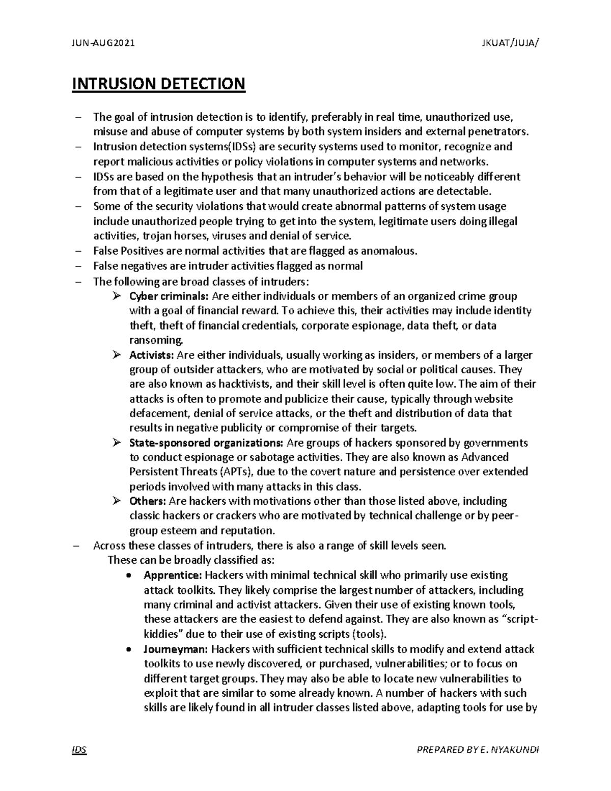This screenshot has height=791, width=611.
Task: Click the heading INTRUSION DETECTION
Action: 159,84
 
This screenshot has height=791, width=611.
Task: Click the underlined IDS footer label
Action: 79,750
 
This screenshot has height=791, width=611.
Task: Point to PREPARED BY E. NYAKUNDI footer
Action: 478,750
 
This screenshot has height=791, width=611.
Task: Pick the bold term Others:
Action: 148,501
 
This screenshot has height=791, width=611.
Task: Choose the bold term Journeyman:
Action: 175,649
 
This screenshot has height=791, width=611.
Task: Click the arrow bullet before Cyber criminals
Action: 116,296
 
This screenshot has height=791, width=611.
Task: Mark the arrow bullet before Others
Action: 116,501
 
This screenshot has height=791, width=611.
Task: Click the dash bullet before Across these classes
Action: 77,546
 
